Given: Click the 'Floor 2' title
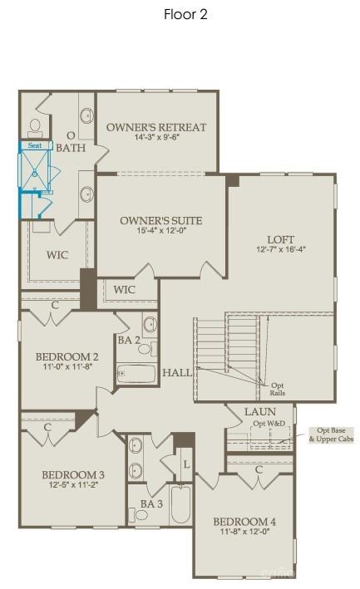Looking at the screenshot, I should tap(185, 14).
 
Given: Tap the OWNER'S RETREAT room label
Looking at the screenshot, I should tap(156, 127).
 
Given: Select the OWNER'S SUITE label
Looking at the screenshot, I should tap(160, 221).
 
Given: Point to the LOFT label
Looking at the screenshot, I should tap(281, 238).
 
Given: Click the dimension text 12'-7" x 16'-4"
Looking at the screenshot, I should tap(281, 249).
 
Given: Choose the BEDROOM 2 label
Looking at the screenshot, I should tap(67, 356).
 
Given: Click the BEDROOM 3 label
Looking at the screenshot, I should tap(72, 474).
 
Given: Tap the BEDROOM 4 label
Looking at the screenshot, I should tap(244, 521).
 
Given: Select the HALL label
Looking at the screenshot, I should tap(177, 372).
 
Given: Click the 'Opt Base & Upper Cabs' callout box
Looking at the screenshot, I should tap(331, 434).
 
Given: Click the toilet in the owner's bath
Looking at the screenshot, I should tap(35, 127).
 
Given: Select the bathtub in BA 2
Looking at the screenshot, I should tap(136, 374).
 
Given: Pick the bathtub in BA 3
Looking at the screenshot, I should tap(180, 503).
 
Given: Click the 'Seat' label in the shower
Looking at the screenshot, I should tap(34, 145).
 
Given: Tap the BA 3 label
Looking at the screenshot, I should tap(150, 503).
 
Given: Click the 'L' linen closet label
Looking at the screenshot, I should tap(186, 464).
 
